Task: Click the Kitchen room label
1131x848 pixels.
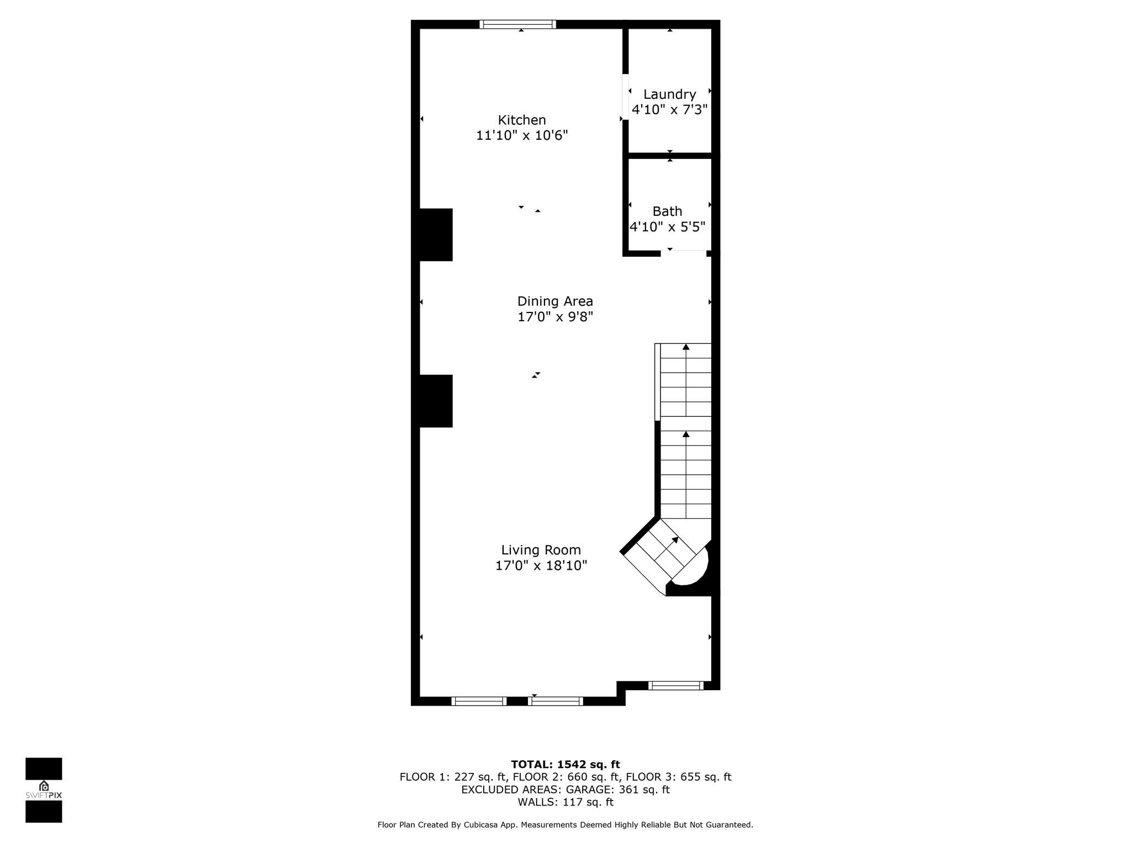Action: tap(522, 120)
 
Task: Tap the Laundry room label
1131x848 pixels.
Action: tap(669, 94)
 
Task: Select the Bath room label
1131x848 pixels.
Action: tap(667, 211)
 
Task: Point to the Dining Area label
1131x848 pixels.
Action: tap(555, 301)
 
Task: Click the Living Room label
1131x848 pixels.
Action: tap(541, 550)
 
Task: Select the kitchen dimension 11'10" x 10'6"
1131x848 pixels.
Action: tap(522, 135)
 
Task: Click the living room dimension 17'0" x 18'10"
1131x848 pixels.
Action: tap(541, 565)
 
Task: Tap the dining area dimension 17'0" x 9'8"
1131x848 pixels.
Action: tap(555, 317)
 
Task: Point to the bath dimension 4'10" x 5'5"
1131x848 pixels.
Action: tap(667, 227)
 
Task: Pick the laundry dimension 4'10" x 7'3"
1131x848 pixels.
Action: tap(669, 109)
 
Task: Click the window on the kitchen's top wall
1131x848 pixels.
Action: tap(517, 24)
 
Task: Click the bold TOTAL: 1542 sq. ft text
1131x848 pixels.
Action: tap(565, 765)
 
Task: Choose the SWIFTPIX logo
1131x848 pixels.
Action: tap(44, 790)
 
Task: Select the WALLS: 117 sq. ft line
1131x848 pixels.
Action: tap(565, 802)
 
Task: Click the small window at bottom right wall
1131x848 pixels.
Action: tap(676, 686)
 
